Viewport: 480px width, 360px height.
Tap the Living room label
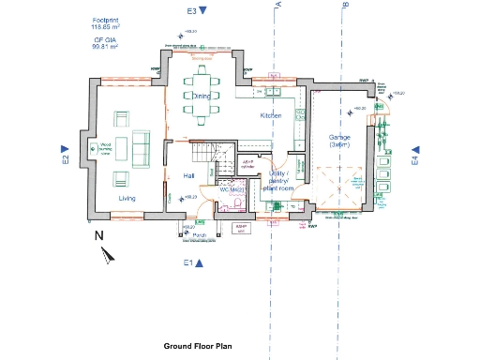tap(127, 198)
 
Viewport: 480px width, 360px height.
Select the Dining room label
tap(202, 96)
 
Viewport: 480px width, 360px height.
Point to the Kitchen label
tap(271, 114)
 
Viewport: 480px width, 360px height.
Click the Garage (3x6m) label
tap(339, 141)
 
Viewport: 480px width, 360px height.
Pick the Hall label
tap(188, 175)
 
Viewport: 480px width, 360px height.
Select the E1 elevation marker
tap(193, 262)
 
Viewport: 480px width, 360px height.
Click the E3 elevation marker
tap(196, 11)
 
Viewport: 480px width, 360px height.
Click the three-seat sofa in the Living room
tap(140, 149)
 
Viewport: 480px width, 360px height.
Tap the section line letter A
tap(278, 6)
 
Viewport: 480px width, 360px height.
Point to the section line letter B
tap(345, 6)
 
